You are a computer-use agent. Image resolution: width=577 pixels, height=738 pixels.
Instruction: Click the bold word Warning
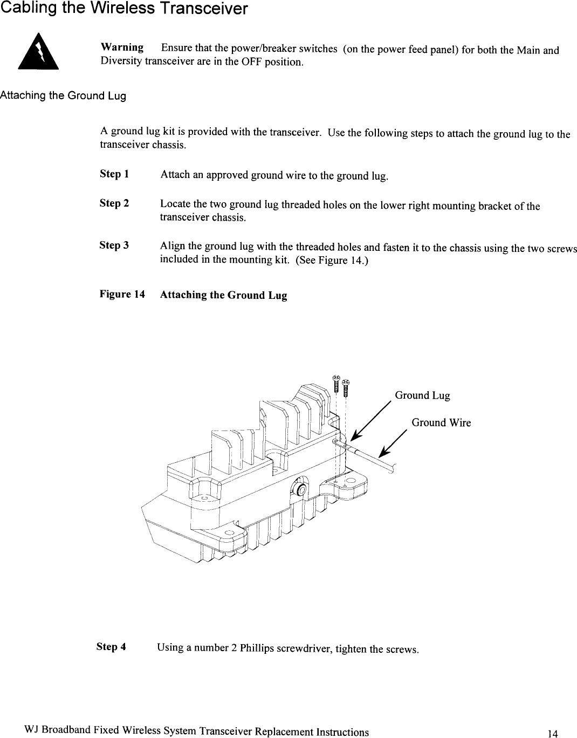pos(122,47)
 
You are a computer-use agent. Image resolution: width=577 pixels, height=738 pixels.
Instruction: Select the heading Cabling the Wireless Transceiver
pos(116,9)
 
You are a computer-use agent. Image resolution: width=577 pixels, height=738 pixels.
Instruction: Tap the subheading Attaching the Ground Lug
pos(63,96)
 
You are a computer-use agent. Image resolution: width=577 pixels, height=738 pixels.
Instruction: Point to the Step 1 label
pos(114,174)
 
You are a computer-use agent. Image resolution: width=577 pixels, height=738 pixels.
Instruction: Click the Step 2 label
pos(114,203)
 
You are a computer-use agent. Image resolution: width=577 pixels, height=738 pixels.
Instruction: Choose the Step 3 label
pos(114,245)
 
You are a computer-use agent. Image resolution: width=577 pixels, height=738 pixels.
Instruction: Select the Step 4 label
pos(111,646)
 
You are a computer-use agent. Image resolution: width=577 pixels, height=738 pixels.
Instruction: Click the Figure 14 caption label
pos(122,295)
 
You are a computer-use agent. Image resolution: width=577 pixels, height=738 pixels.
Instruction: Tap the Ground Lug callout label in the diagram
pos(422,396)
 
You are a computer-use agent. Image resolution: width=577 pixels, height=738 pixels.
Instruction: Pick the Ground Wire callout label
pos(441,423)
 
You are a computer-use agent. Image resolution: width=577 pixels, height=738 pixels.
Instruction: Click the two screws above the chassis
pos(341,384)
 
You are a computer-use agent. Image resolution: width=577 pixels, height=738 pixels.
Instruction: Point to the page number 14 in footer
pos(552,733)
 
